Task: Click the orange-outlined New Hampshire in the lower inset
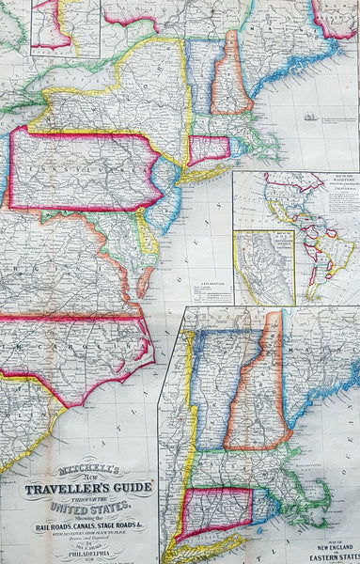pyautogui.click(x=259, y=385)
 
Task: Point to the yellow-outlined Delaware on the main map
pyautogui.click(x=148, y=235)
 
